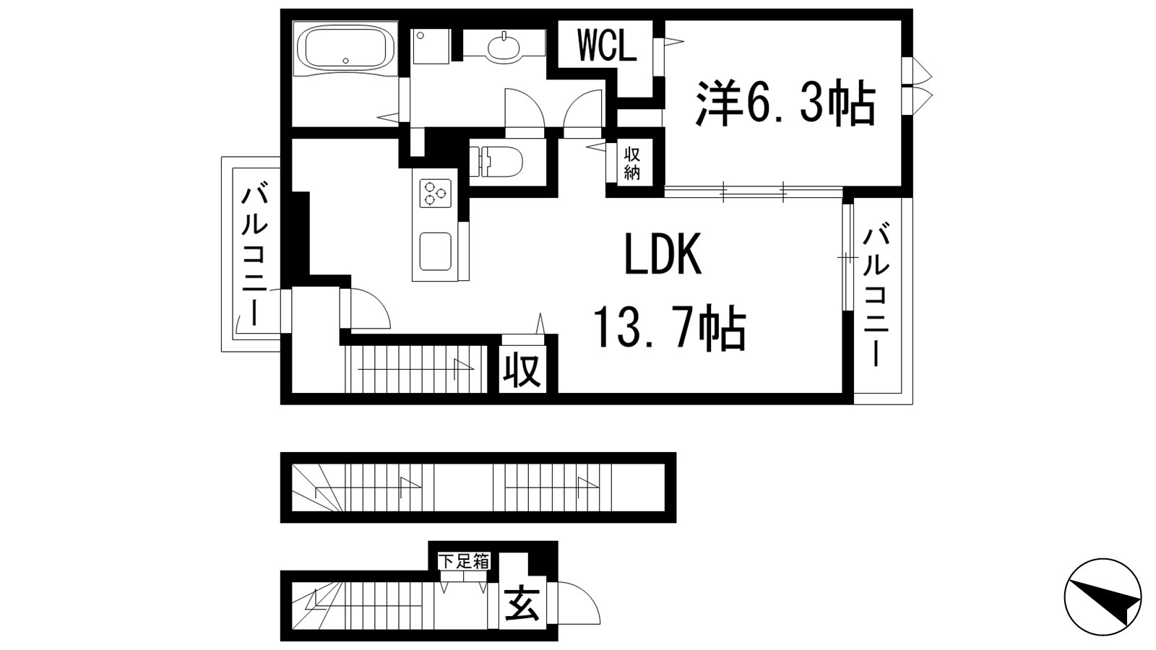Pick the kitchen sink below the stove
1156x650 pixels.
point(436,251)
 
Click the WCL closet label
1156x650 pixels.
point(607,47)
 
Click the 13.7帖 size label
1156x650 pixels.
point(669,328)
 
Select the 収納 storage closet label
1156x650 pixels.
point(632,163)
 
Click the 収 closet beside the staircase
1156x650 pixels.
point(522,371)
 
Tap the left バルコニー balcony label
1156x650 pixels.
point(254,255)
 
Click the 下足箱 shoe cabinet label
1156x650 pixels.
point(465,561)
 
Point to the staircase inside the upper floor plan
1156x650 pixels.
point(415,369)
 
